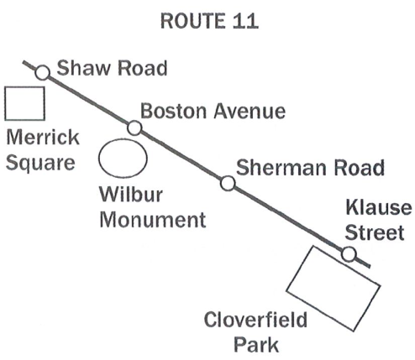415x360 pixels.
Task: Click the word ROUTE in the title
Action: [193, 21]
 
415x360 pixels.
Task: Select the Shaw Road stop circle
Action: [43, 73]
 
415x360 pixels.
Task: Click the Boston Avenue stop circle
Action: [134, 128]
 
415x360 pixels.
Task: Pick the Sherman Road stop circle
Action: [228, 184]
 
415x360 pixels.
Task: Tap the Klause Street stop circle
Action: [349, 254]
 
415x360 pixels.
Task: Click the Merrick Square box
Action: [24, 87]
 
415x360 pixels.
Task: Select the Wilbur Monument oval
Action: [123, 140]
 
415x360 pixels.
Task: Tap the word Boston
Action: [173, 111]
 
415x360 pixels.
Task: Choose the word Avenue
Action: [250, 112]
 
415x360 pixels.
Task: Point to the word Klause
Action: [379, 207]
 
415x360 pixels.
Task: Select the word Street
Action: [375, 232]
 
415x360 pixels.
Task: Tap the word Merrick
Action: [43, 138]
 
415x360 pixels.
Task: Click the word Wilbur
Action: [131, 194]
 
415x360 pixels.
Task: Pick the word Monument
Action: [153, 220]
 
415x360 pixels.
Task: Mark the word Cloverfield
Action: [255, 320]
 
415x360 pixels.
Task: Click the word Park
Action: [256, 345]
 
